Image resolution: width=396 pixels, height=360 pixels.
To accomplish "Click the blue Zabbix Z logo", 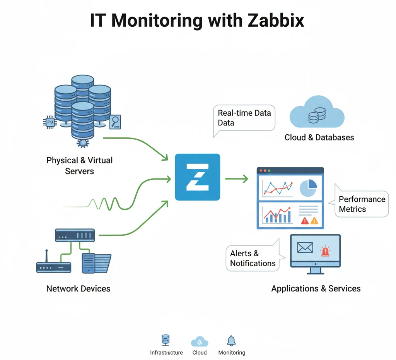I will tap(197, 177).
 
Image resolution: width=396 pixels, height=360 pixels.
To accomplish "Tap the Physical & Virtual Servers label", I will tap(79, 165).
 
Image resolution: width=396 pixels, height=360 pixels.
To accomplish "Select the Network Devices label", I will tap(78, 288).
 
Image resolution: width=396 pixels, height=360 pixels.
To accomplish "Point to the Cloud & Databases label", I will tap(319, 137).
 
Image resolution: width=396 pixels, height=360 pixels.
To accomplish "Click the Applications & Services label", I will tap(316, 288).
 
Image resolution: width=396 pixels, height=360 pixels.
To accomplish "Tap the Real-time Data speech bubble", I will tap(244, 118).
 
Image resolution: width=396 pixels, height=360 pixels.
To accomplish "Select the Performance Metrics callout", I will tap(362, 204).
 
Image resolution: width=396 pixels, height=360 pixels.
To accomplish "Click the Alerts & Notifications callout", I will tap(253, 258).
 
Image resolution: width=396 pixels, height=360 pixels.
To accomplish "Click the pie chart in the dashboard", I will tap(308, 188).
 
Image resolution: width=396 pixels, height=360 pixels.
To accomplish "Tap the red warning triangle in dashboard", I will tap(305, 221).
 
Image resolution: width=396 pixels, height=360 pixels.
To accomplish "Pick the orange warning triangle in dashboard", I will tap(314, 221).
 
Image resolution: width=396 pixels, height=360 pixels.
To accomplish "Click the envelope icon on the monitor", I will tap(305, 247).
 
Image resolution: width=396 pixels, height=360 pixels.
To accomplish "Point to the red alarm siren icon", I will tap(325, 251).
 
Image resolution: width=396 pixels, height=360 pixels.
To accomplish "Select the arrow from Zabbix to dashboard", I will tap(236, 178).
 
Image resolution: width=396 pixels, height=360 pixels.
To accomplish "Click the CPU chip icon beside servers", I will tap(49, 122).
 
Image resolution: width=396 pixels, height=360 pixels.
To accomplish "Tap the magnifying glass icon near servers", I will tap(115, 122).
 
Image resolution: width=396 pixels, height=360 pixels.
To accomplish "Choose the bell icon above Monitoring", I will tap(231, 341).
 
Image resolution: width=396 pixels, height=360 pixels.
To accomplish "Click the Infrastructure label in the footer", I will tap(166, 353).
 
